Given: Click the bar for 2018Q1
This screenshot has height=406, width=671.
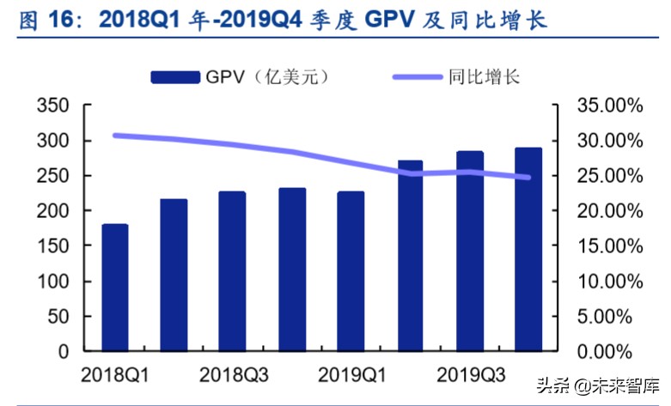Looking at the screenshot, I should tap(114, 288).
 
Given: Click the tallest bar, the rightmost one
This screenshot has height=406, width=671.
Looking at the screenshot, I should tap(528, 249).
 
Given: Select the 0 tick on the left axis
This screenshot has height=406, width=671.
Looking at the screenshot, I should tap(63, 352).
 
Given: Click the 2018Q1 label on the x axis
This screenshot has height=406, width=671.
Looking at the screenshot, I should tap(114, 375).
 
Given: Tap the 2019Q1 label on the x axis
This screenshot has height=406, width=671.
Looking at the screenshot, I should tap(351, 375).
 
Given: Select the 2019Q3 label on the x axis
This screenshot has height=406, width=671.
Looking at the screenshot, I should tap(469, 375).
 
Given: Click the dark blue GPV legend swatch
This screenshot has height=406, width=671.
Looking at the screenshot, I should tap(175, 77).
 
